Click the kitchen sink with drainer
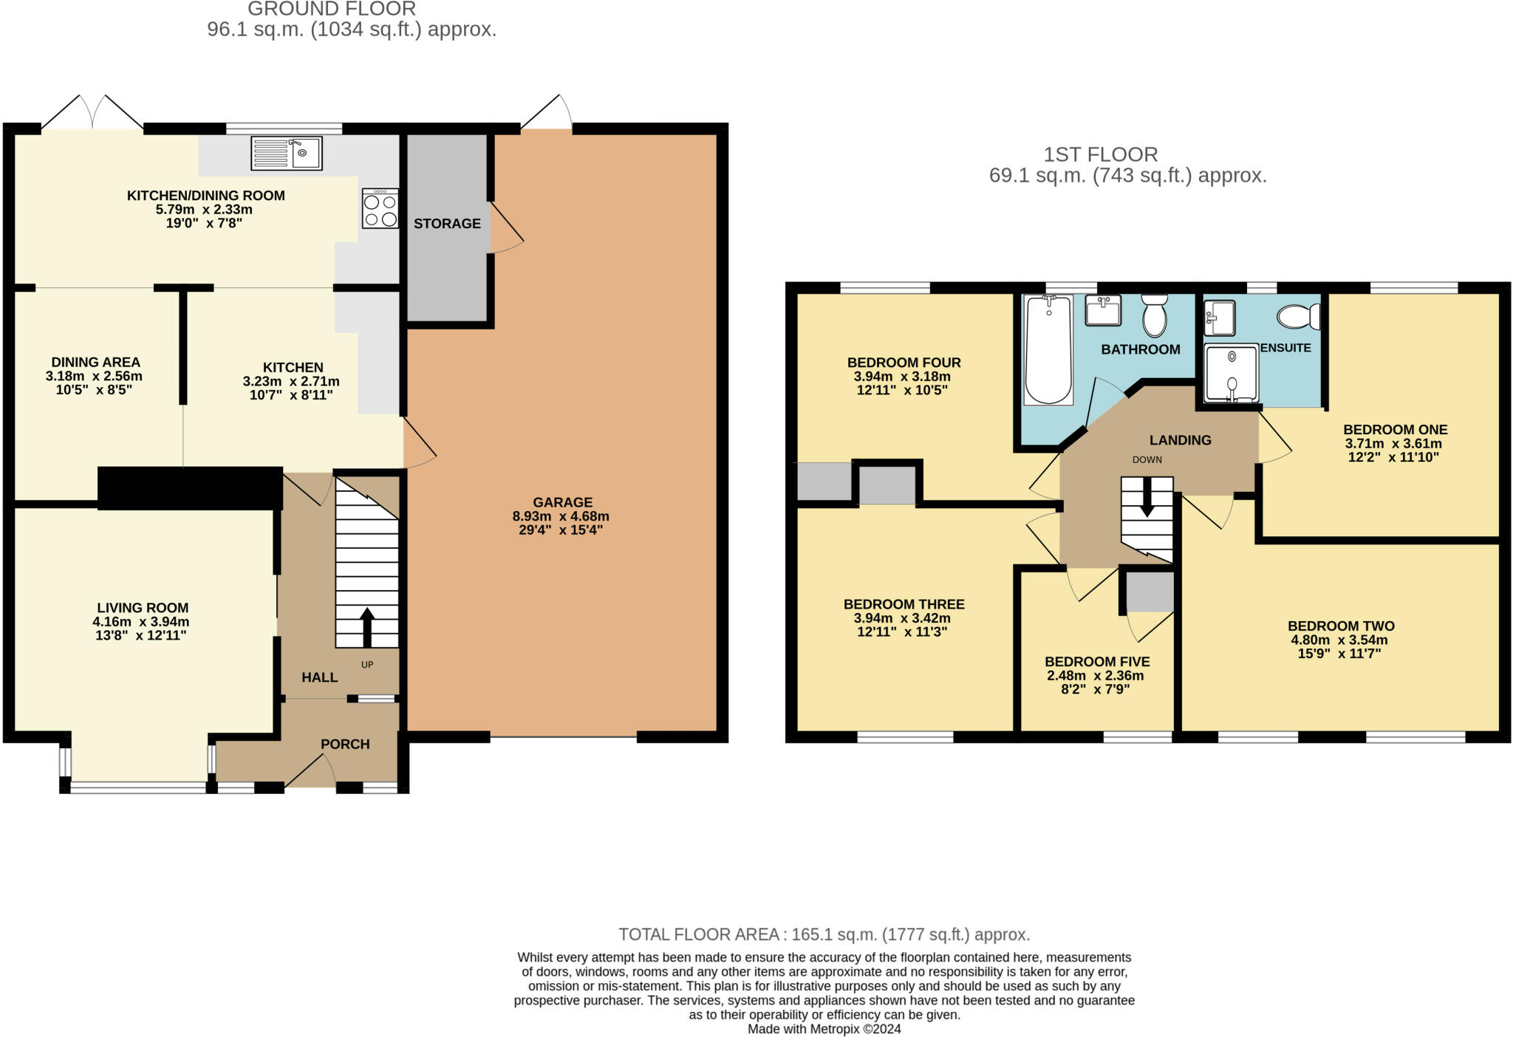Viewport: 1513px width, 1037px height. (x=287, y=154)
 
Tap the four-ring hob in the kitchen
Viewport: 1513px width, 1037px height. (x=380, y=208)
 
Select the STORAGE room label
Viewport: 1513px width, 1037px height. (x=447, y=224)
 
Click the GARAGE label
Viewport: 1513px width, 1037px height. (x=562, y=502)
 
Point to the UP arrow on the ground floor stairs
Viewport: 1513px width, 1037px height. (x=367, y=628)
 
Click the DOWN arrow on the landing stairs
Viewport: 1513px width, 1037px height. (x=1147, y=497)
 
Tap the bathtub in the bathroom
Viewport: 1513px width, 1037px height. (x=1048, y=349)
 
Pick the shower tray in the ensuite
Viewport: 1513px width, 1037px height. (x=1232, y=374)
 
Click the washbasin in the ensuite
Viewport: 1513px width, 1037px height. (x=1219, y=318)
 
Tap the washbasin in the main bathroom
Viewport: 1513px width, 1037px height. (x=1103, y=309)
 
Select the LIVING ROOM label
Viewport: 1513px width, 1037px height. (x=143, y=609)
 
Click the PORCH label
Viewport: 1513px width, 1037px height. (x=345, y=744)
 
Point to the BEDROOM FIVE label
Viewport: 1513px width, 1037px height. (x=1097, y=662)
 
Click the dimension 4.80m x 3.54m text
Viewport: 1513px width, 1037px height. (x=1339, y=640)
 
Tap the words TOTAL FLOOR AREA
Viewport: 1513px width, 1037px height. (x=699, y=934)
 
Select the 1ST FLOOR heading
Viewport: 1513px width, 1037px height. (x=1101, y=154)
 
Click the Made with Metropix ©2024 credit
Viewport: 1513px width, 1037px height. (x=824, y=1029)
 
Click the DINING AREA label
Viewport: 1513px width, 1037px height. (x=95, y=362)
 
